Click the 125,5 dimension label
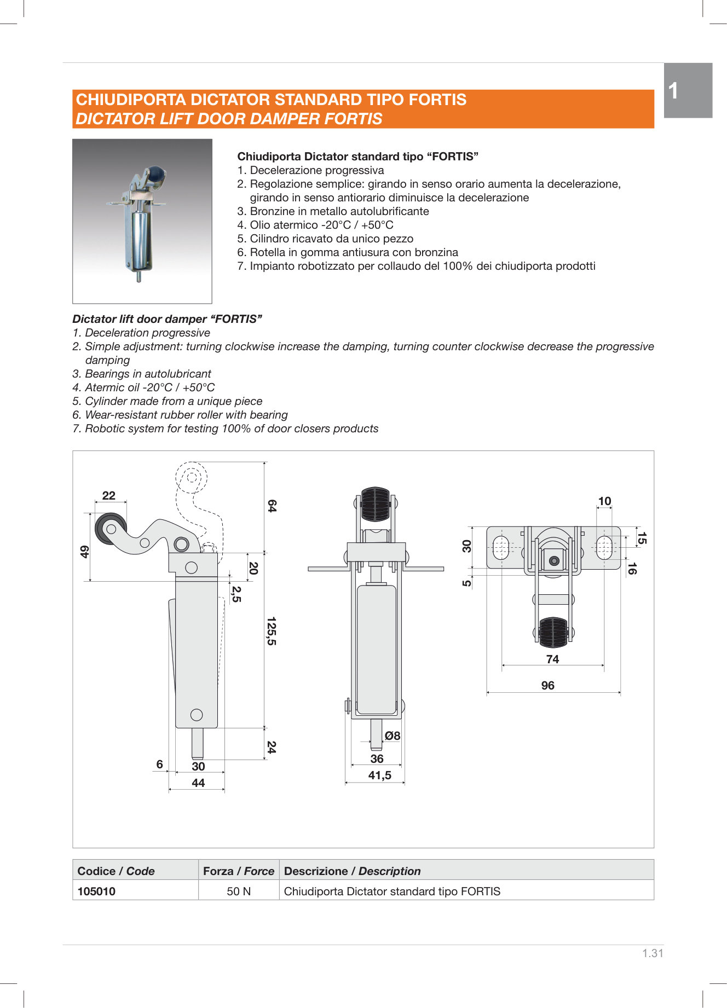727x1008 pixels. (271, 631)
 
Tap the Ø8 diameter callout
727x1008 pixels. (392, 736)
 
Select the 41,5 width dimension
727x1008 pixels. (379, 775)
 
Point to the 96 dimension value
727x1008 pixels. (547, 686)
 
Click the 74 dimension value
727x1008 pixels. (552, 659)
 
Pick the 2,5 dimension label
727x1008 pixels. (236, 594)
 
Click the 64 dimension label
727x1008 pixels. (272, 506)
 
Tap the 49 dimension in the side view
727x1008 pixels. (84, 552)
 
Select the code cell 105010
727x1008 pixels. (97, 891)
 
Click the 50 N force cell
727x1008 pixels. (239, 891)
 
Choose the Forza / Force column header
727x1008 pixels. (239, 871)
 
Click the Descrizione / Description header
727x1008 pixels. (352, 871)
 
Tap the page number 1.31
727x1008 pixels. (653, 953)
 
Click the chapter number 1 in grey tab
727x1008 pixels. (674, 91)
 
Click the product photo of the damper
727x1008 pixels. (142, 221)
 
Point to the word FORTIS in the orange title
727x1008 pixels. (437, 100)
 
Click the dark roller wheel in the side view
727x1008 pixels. (111, 529)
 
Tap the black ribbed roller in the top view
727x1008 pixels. (553, 632)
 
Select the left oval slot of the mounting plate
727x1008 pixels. (501, 548)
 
